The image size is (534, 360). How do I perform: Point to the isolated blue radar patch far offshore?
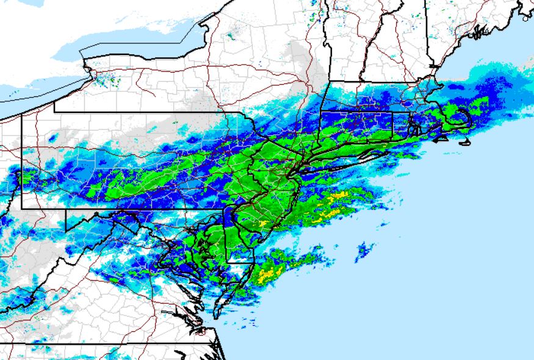(x=364, y=250)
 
